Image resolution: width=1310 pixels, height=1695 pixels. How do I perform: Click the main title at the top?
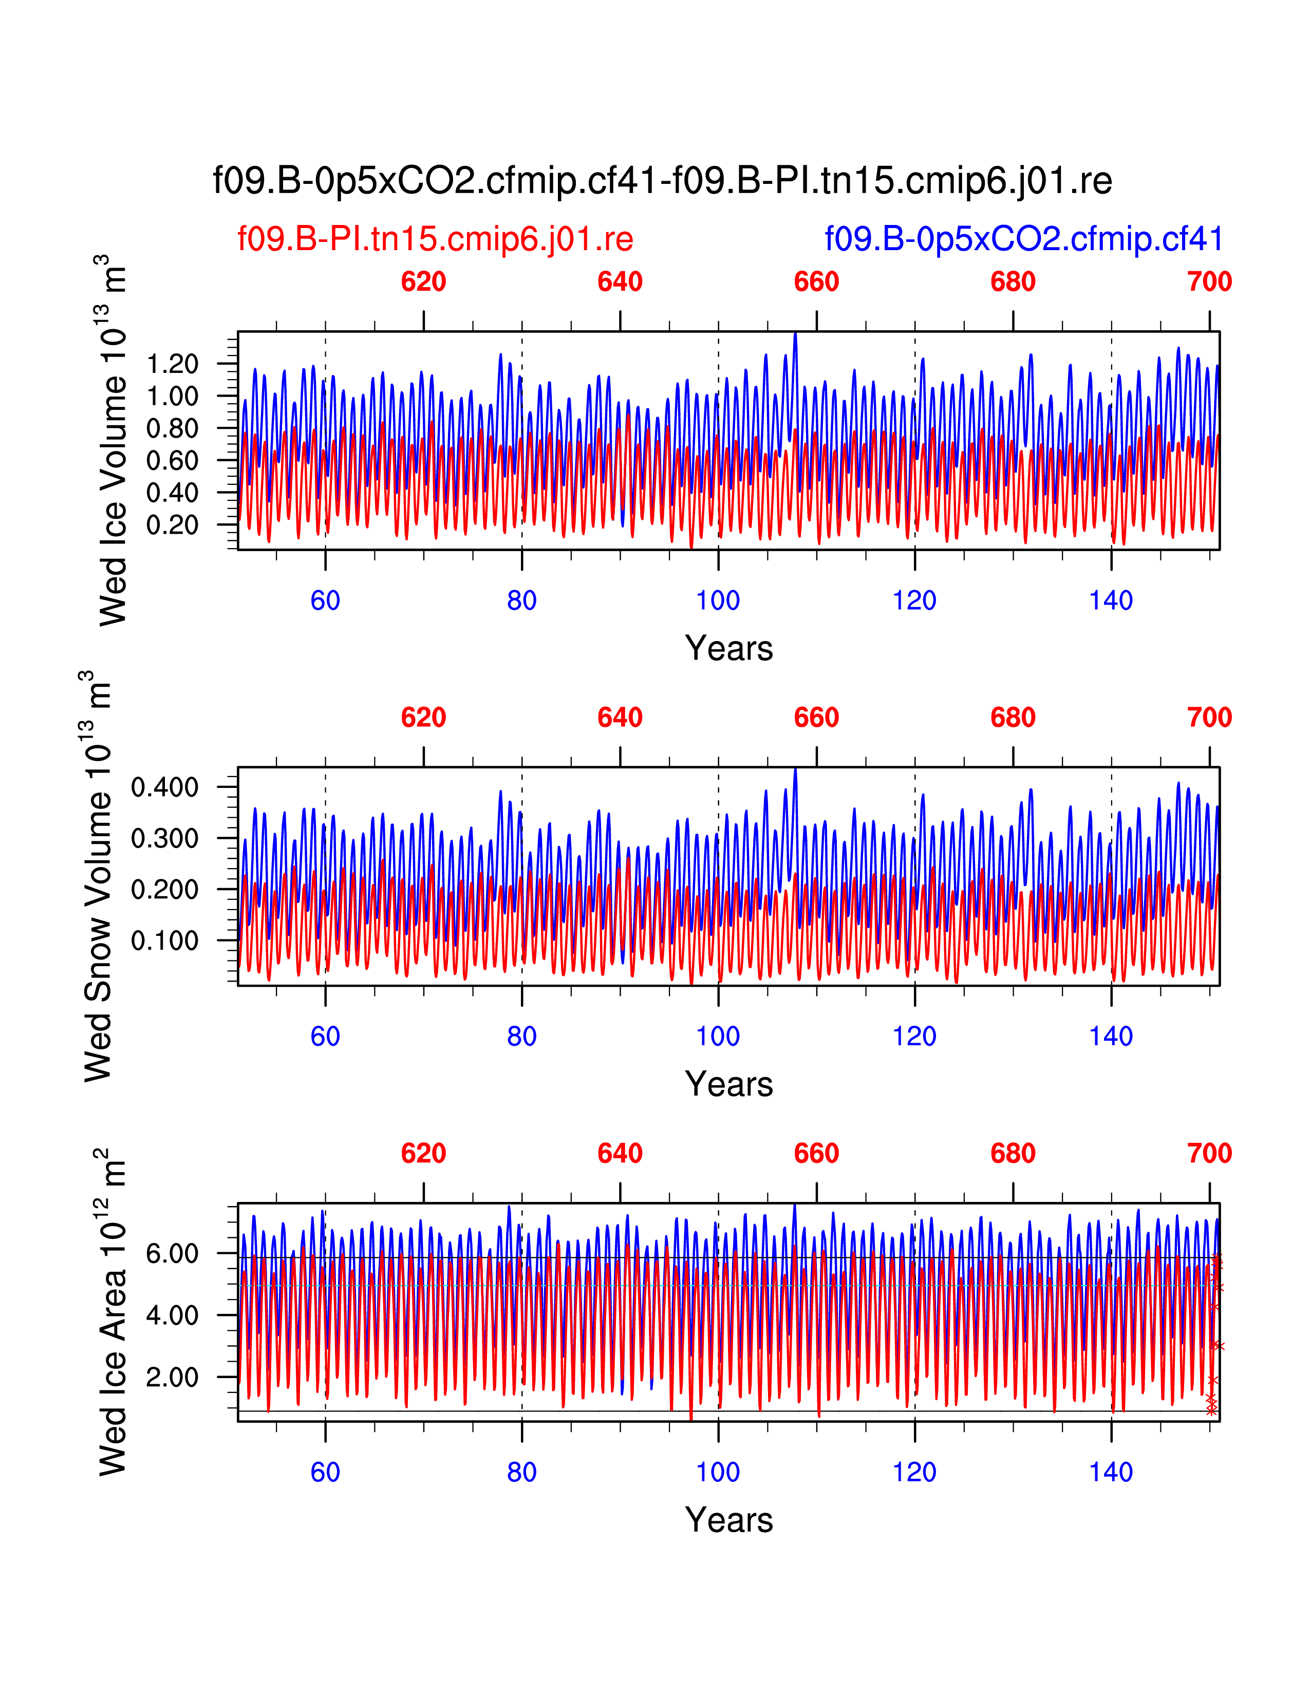click(x=662, y=181)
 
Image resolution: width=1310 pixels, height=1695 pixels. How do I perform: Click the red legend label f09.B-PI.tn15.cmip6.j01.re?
click(x=435, y=239)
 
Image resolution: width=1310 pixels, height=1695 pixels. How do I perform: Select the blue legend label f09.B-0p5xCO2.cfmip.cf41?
click(x=1024, y=239)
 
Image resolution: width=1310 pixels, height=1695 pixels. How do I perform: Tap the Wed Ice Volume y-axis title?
click(x=114, y=440)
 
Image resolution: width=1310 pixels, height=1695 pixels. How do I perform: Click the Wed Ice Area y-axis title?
click(x=114, y=1312)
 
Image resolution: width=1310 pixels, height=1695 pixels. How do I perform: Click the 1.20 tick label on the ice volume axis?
click(x=172, y=364)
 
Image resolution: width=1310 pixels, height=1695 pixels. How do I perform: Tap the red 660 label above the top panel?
click(x=816, y=281)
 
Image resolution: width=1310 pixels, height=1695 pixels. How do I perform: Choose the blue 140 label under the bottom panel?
click(x=1111, y=1472)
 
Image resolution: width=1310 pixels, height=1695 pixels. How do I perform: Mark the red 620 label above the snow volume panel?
click(x=424, y=718)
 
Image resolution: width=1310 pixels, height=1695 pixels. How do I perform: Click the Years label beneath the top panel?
click(x=729, y=649)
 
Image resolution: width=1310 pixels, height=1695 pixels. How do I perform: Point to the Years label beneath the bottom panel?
click(x=729, y=1520)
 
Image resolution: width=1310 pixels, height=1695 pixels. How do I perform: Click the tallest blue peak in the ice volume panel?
click(x=795, y=335)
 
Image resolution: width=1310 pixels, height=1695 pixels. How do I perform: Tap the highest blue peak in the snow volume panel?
click(x=795, y=770)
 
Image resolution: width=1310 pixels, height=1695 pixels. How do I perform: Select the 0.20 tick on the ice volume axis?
click(x=172, y=525)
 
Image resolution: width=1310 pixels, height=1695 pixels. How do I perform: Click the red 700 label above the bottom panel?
click(x=1209, y=1154)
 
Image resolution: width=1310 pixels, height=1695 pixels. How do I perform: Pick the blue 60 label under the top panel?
click(x=325, y=601)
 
